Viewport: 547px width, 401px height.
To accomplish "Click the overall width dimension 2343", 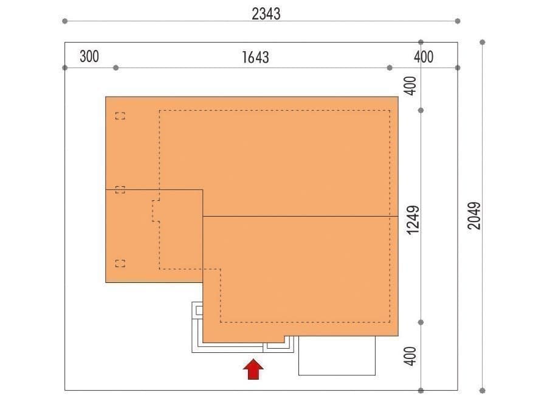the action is tap(266, 14).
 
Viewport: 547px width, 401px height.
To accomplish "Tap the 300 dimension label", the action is tap(89, 57).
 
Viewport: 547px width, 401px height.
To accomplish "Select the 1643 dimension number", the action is tap(255, 57).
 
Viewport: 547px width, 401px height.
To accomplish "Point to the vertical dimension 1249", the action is tap(413, 220).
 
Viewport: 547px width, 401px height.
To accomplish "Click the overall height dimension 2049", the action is tap(473, 215).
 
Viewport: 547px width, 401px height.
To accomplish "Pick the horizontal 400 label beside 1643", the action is tap(424, 57).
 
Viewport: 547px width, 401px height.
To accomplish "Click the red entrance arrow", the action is tap(253, 369).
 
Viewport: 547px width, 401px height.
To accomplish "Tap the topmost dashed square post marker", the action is tap(120, 116).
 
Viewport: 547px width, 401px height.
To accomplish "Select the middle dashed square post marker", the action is tap(120, 190).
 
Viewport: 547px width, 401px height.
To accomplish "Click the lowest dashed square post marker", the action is tap(120, 263).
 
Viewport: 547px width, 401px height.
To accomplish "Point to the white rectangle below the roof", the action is tap(337, 355).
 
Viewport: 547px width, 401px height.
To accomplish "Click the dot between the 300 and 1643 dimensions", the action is tap(116, 68).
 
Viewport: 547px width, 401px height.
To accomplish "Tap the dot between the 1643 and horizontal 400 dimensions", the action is tap(390, 68).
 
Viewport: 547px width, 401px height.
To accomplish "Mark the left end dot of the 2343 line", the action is tap(64, 21).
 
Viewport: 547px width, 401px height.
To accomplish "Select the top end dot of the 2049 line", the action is tap(483, 42).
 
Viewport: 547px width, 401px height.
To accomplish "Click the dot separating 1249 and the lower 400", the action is tap(421, 323).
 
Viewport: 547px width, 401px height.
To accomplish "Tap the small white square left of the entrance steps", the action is tap(199, 310).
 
